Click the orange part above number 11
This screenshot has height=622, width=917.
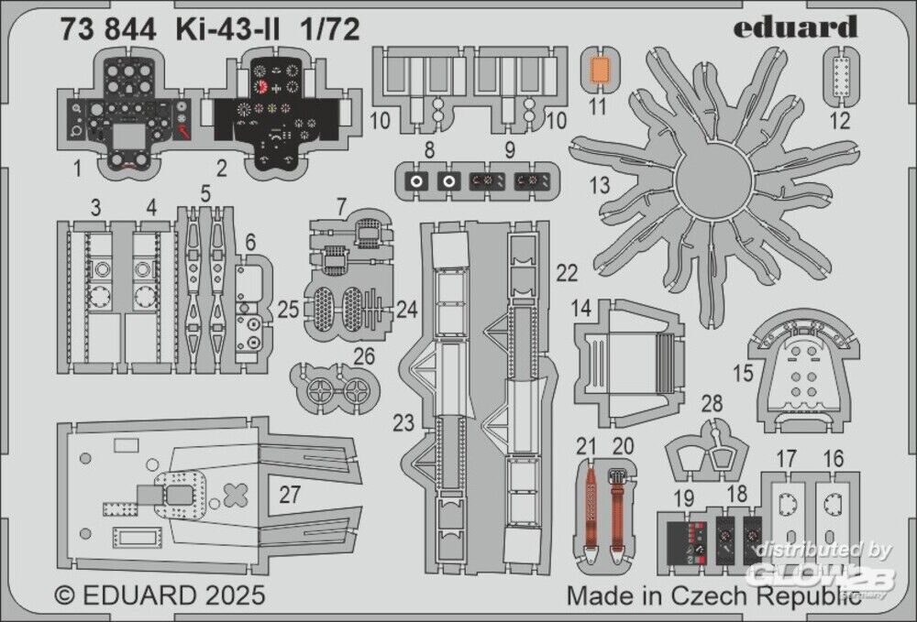(x=599, y=70)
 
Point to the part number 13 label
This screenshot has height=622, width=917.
(x=599, y=186)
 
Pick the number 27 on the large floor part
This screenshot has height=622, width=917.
(x=290, y=496)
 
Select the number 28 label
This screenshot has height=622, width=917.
(x=711, y=404)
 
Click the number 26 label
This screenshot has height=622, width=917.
(x=364, y=356)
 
